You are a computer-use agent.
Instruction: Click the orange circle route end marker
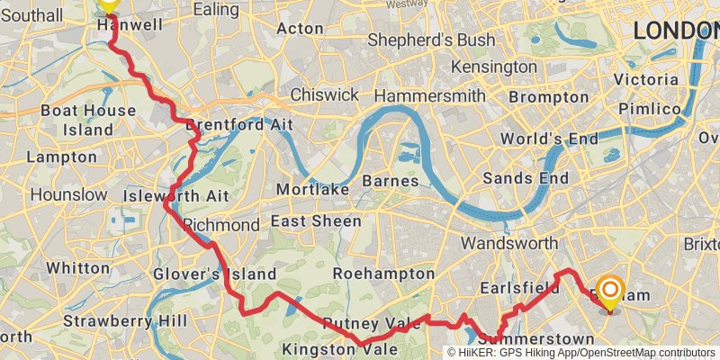tap(610, 290)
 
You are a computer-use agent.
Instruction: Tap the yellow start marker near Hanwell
tap(108, 4)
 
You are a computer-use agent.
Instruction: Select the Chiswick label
tap(324, 95)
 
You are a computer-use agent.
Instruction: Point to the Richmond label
tap(220, 224)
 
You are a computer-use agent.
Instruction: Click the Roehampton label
tap(383, 273)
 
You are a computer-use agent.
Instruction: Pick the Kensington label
tap(494, 67)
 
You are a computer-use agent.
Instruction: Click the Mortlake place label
tap(307, 190)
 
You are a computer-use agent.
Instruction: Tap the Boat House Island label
tap(89, 121)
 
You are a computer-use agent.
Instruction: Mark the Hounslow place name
tap(68, 194)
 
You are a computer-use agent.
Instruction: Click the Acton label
tap(300, 29)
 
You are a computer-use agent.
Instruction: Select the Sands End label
tap(526, 178)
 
